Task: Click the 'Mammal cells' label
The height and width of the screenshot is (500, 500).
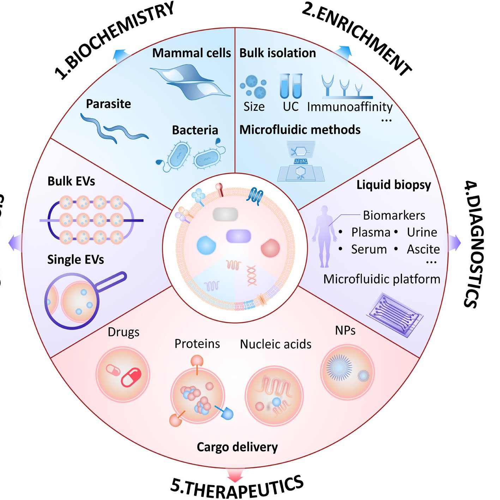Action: pos(191,53)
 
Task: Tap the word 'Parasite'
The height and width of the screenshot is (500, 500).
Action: pos(108,104)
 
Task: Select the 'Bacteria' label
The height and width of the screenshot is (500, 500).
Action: pos(195,130)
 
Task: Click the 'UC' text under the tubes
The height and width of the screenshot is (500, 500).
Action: pos(290,106)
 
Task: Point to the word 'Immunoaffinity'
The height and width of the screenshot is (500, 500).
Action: pos(349,106)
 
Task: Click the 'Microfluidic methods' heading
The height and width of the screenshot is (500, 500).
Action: pos(300,129)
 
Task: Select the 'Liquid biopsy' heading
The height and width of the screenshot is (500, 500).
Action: pos(393,185)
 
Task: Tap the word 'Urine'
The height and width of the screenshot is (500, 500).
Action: pos(422,232)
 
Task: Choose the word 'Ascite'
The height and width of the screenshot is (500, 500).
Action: pos(423,249)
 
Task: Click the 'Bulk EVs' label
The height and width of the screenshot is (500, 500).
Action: pos(71,181)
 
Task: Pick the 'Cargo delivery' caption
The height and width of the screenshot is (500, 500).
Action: pos(237,447)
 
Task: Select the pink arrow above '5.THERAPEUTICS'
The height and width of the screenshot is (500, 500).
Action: pos(235,475)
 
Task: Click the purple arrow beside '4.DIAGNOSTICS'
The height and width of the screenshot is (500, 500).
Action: pos(454,243)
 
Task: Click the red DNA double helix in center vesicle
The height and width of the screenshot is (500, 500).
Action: pos(252,276)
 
